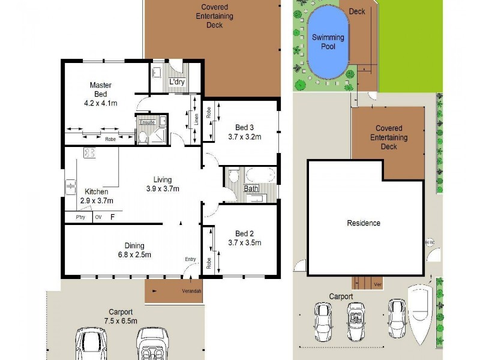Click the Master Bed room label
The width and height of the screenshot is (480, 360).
coord(101,89)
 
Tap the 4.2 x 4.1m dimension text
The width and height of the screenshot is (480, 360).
coord(101,103)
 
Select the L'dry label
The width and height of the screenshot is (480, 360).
coord(176,82)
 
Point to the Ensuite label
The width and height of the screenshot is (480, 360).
coord(147,122)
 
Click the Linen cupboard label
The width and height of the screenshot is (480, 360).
coord(196,120)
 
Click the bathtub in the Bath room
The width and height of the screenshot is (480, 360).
coord(260,175)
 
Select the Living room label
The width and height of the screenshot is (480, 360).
coord(162,179)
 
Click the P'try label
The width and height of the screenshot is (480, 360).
coord(80,217)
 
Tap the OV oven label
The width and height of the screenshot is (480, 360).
coord(98,217)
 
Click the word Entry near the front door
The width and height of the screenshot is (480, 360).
coord(190,259)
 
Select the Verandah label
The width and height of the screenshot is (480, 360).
coord(192,292)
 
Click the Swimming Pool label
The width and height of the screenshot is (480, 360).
coord(328,41)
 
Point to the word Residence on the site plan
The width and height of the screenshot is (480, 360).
coord(364,223)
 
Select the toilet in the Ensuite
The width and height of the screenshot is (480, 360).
coord(143,138)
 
